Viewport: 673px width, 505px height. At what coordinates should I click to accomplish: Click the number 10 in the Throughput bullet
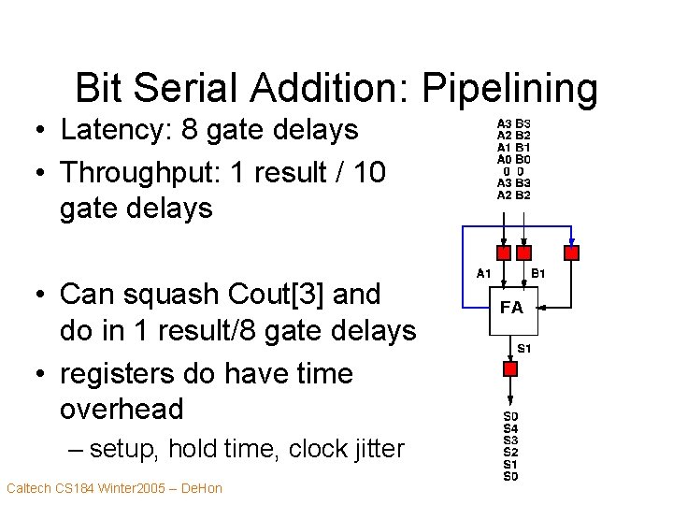368,172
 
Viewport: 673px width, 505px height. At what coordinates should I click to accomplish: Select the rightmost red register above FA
572,252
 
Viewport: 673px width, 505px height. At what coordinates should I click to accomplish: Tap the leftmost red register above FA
504,252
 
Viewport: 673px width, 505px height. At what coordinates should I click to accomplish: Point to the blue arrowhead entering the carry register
572,240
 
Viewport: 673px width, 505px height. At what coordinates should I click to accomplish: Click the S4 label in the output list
510,428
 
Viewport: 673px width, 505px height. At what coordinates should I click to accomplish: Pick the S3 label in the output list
510,440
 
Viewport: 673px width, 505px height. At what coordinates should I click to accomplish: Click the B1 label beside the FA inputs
538,274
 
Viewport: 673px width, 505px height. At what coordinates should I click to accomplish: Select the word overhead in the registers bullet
122,409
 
